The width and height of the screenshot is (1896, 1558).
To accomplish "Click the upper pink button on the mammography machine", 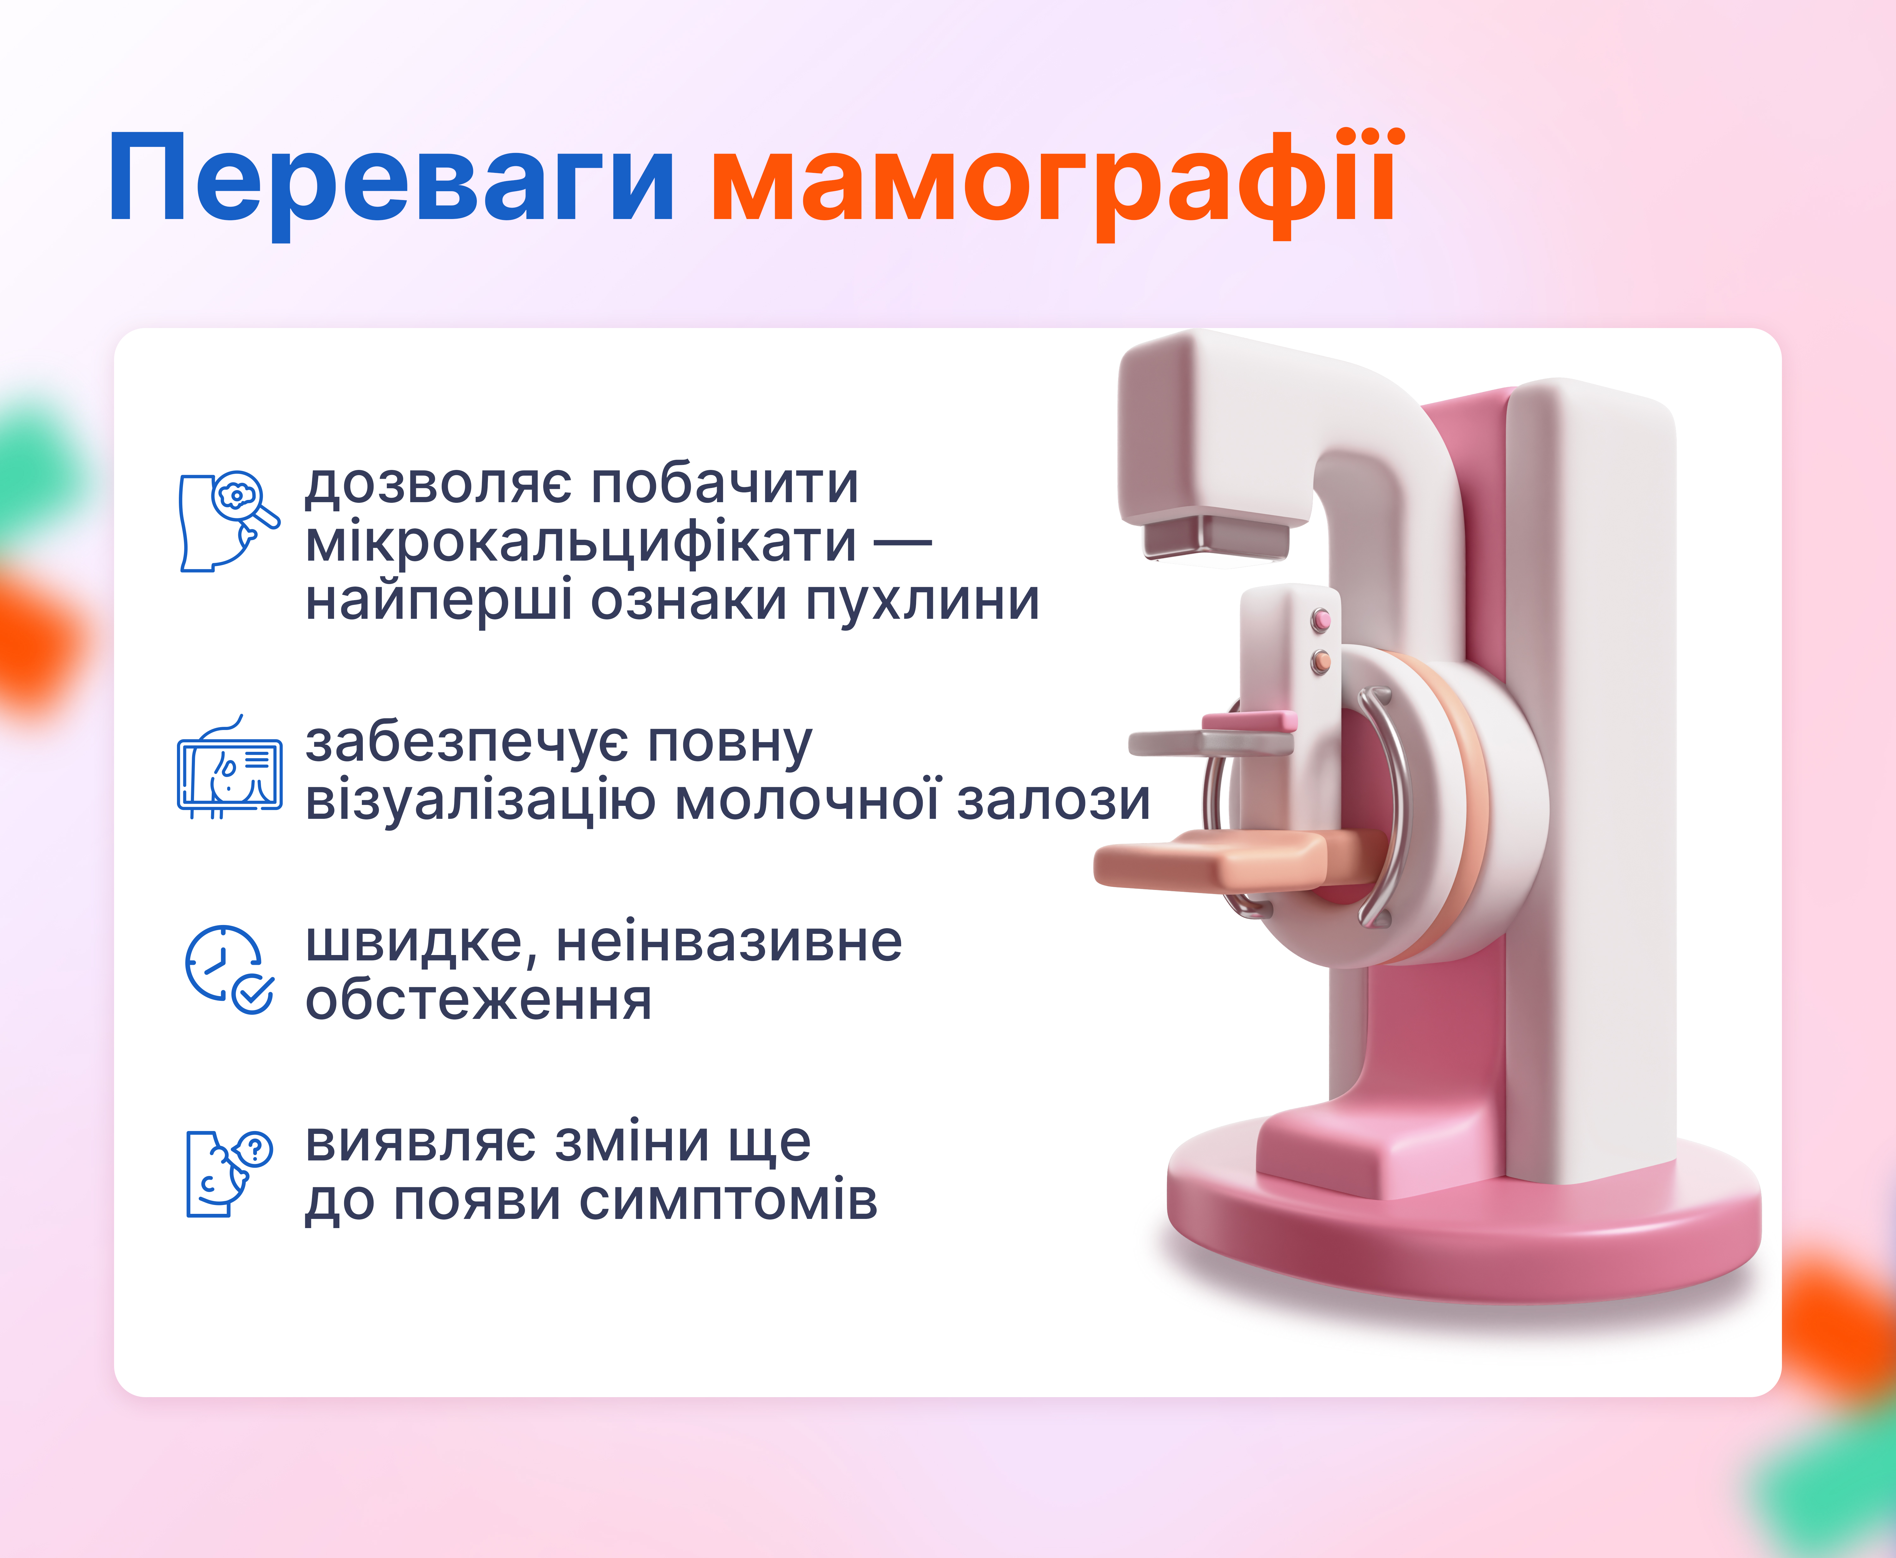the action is click(x=1321, y=619).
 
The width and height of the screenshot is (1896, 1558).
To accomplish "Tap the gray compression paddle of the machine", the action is click(x=1211, y=743).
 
